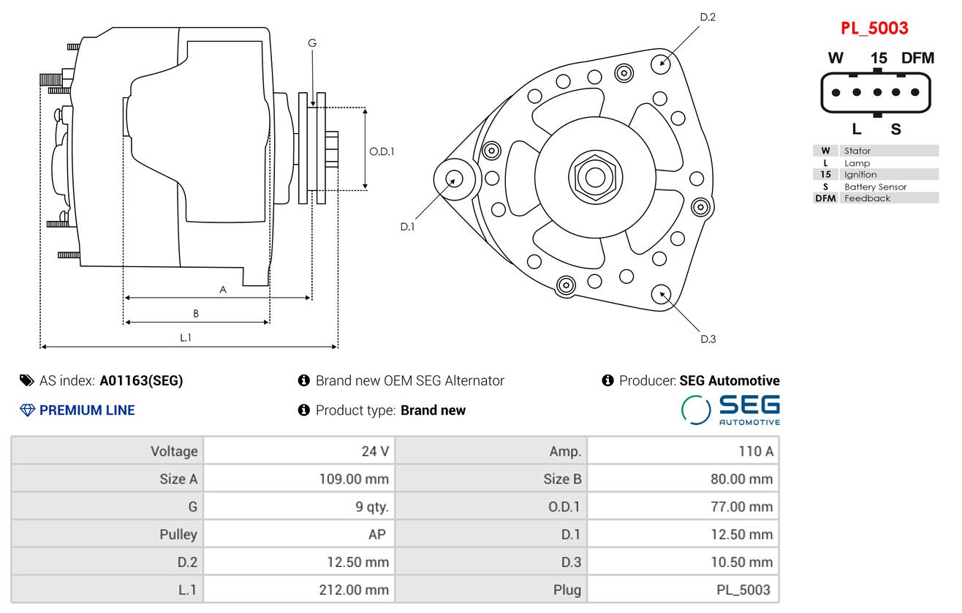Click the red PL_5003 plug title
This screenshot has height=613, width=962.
(874, 29)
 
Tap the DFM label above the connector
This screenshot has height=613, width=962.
(917, 58)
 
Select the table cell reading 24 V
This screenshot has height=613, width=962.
(299, 451)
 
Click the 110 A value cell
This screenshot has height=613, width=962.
(683, 451)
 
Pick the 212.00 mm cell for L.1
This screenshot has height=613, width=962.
(299, 590)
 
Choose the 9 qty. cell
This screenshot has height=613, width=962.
(299, 506)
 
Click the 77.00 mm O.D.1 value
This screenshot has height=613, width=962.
(683, 506)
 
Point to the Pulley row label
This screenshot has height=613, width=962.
(178, 534)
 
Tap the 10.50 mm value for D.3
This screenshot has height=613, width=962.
(683, 562)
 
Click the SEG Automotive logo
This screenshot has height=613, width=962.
(730, 410)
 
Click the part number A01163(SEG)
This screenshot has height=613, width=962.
(141, 380)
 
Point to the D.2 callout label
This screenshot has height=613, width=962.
(708, 18)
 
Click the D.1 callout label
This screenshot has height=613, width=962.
(408, 227)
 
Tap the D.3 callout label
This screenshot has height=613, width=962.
(708, 339)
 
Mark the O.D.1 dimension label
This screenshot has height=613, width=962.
(382, 151)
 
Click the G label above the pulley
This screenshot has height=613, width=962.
(312, 43)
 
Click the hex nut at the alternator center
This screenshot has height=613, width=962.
(595, 177)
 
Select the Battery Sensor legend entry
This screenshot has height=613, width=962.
(875, 187)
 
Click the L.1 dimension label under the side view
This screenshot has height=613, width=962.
(186, 338)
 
